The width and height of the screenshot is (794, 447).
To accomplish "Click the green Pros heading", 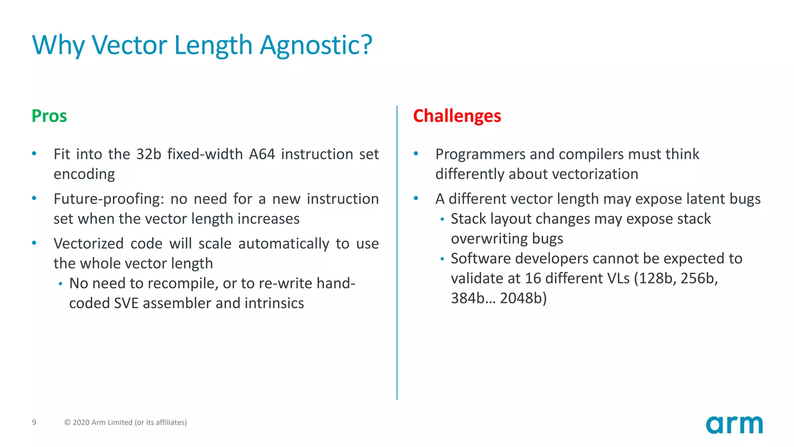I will [49, 116].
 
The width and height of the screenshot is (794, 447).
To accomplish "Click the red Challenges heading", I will [457, 116].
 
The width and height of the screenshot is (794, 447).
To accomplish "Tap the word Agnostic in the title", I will [316, 45].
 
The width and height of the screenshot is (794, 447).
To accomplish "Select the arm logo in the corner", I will [734, 424].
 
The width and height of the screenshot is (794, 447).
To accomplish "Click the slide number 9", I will [34, 422].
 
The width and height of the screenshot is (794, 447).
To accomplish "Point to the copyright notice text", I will [125, 422].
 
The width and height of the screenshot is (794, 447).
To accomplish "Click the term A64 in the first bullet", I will [262, 154].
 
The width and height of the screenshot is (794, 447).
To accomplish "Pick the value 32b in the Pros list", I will [148, 154].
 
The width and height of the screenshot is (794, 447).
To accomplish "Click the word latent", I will [705, 199].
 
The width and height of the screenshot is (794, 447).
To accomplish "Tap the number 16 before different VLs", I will [533, 279].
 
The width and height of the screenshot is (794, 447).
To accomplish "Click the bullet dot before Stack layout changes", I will [442, 219].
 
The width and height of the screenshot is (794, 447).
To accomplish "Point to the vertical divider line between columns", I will [397, 252].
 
